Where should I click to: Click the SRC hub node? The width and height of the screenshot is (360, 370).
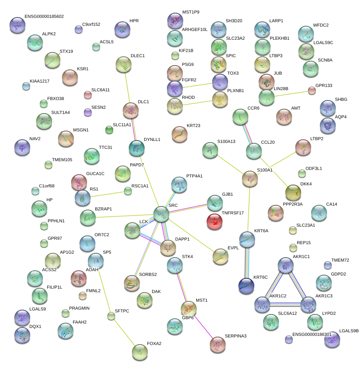161,214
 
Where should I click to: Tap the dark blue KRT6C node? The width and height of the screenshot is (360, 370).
246,286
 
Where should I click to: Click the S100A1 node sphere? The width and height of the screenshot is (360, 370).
250,179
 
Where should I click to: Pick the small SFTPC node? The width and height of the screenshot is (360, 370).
111,316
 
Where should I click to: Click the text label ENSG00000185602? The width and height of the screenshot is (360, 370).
44,17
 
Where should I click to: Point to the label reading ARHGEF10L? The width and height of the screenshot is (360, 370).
195,30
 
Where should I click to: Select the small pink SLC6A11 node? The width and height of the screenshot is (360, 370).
88,95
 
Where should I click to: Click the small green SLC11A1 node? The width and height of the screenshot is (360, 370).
109,130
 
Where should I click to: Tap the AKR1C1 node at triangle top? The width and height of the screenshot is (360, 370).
285,265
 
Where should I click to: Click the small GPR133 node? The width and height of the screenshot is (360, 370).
312,91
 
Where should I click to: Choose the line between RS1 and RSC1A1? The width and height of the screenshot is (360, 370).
106,194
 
